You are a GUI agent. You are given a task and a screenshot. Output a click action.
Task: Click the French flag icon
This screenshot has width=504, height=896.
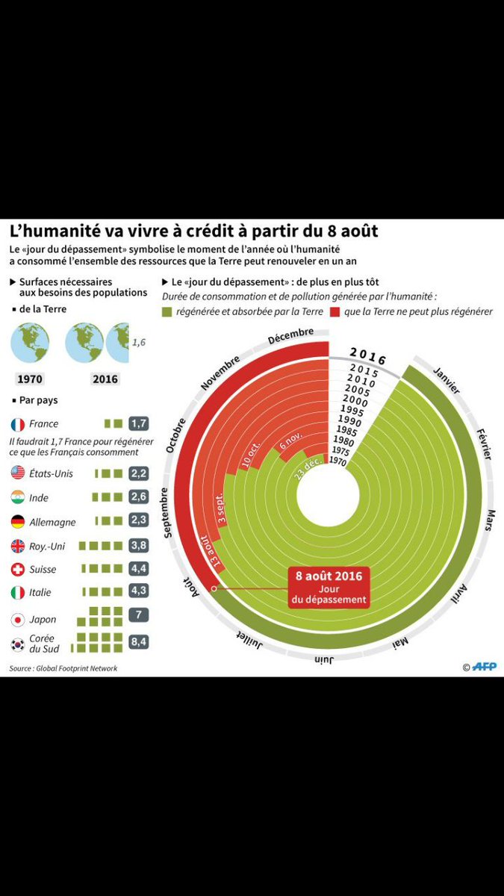pyautogui.click(x=19, y=424)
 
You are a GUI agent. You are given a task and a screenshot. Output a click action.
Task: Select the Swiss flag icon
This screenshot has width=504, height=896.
pyautogui.click(x=19, y=569)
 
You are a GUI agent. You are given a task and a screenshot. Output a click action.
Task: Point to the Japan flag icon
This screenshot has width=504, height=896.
pyautogui.click(x=19, y=620)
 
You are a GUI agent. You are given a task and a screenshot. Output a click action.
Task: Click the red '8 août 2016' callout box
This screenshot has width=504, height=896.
pyautogui.click(x=329, y=587)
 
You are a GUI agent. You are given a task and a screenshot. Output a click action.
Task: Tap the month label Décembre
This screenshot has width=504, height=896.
pyautogui.click(x=290, y=336)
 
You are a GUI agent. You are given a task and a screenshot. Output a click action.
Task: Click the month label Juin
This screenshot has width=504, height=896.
pyautogui.click(x=324, y=660)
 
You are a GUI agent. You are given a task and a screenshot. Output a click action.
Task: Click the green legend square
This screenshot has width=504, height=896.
pyautogui.click(x=167, y=311)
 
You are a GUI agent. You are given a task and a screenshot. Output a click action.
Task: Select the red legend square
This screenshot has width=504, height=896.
pyautogui.click(x=333, y=311)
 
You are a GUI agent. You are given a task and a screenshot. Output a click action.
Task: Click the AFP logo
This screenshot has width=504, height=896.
pyautogui.click(x=479, y=667)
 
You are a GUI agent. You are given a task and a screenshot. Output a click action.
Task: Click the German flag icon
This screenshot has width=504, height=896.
pyautogui.click(x=19, y=521)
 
